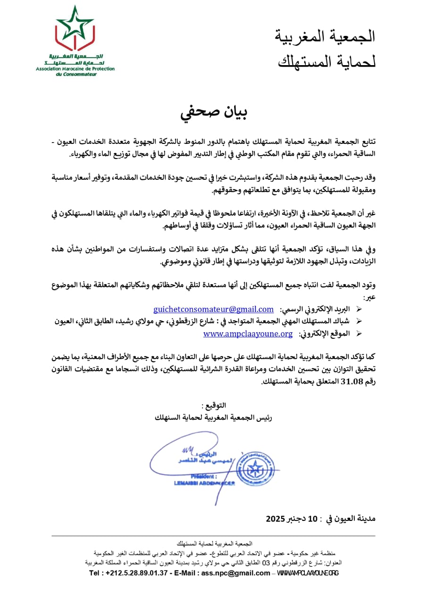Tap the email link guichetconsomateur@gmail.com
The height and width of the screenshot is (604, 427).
coord(213,309)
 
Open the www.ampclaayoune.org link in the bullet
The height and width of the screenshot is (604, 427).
coord(248,334)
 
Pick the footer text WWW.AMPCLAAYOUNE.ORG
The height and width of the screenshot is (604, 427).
coord(308,573)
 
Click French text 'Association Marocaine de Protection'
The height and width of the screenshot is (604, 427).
coord(75,69)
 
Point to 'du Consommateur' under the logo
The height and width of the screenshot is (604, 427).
coord(75,74)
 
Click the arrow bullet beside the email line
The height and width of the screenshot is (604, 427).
coord(360,309)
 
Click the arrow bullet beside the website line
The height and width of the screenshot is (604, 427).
coord(360,334)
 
